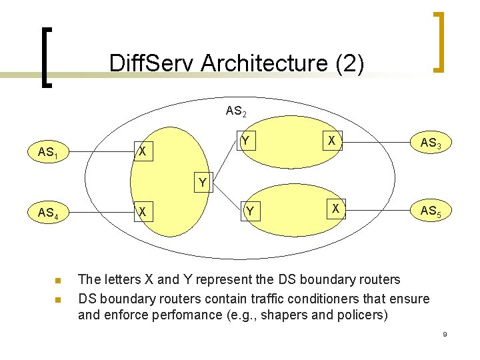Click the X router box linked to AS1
[141, 151]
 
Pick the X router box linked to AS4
[141, 212]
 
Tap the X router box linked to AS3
[331, 141]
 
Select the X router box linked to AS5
[335, 209]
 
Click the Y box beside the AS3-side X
[246, 140]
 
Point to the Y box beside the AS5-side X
[249, 212]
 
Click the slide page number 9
[445, 333]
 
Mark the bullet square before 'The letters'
[58, 280]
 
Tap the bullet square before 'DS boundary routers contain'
[58, 299]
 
